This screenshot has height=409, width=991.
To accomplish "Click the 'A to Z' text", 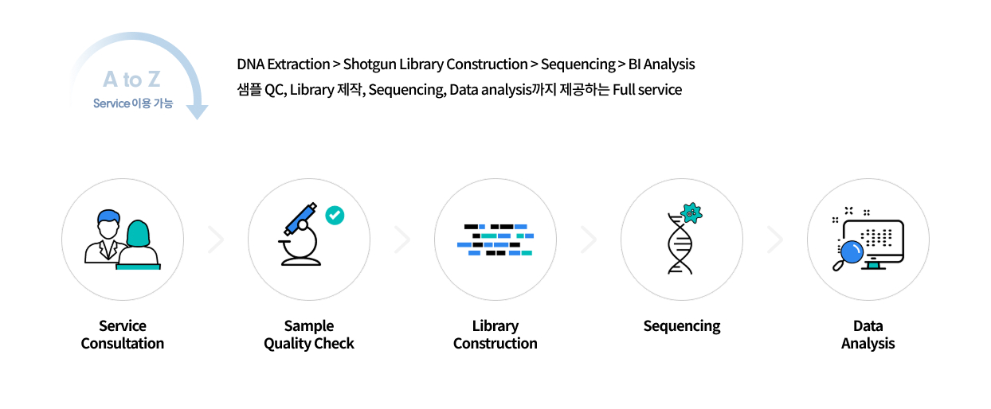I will [131, 80].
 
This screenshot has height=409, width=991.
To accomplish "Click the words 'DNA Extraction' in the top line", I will [283, 64].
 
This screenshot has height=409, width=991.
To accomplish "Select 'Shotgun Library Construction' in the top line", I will [435, 64].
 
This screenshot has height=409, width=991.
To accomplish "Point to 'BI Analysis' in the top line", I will [661, 64].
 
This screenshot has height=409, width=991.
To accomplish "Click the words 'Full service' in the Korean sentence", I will [647, 89].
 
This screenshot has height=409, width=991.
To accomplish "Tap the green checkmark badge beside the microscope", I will [335, 215].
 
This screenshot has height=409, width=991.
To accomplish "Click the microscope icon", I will [302, 237].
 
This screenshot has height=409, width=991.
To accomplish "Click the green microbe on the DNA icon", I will [691, 212].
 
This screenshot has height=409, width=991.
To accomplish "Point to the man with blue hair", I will [106, 235].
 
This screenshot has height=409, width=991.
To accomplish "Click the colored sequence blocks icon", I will [495, 240].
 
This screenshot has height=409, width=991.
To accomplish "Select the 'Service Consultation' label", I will [123, 334].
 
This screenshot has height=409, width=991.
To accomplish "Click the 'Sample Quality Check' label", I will [309, 334].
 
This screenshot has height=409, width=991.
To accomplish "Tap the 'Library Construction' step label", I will [495, 334].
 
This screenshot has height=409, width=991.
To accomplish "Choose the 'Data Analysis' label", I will [868, 334].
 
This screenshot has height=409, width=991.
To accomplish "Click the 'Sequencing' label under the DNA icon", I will [681, 325].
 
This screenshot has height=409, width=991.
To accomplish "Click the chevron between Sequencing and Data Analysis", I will [775, 240].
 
